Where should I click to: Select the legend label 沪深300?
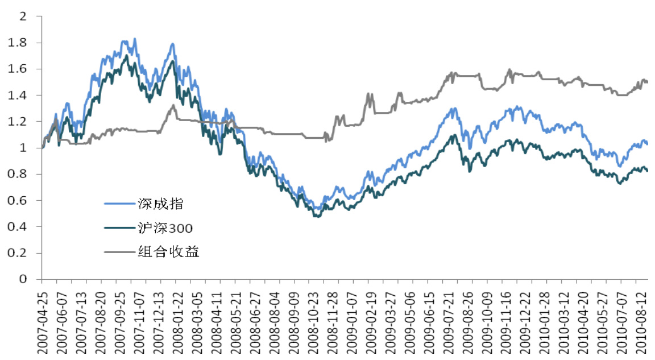(x=165, y=228)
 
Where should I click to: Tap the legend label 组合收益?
(x=168, y=252)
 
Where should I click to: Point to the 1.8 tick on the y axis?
(x=20, y=43)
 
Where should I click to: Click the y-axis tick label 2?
(x=23, y=16)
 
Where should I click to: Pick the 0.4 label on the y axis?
(x=20, y=227)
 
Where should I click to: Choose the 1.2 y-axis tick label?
(x=20, y=122)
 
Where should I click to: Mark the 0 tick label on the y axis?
(x=23, y=279)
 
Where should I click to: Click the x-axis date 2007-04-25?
(x=42, y=318)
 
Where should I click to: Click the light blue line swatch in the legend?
(x=119, y=204)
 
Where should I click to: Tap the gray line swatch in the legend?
(x=119, y=252)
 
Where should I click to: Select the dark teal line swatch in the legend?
(x=119, y=228)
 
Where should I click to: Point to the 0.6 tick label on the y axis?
(x=20, y=201)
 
